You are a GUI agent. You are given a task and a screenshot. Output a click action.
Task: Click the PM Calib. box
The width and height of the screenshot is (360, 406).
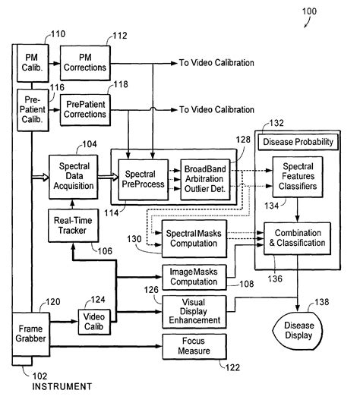[33, 63]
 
